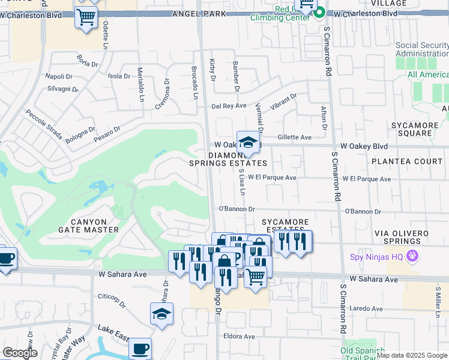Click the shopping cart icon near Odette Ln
click(x=86, y=17)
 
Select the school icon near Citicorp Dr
click(x=161, y=314)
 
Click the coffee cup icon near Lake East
click(x=140, y=349)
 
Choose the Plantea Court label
click(x=406, y=161)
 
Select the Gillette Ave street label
click(x=294, y=137)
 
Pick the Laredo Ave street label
click(x=367, y=308)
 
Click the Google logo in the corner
click(x=20, y=353)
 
